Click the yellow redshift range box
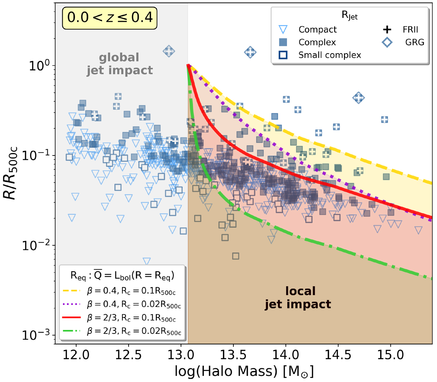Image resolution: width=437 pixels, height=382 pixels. pyautogui.click(x=110, y=17)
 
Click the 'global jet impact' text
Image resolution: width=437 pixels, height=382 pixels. pyautogui.click(x=119, y=64)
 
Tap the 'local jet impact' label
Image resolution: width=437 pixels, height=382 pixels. pyautogui.click(x=298, y=298)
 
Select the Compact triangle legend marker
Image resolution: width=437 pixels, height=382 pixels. pyautogui.click(x=283, y=29)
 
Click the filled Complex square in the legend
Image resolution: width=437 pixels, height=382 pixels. pyautogui.click(x=283, y=42)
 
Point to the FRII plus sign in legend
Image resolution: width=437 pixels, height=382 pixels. pyautogui.click(x=387, y=29)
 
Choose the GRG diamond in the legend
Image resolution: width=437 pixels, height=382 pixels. pyautogui.click(x=387, y=42)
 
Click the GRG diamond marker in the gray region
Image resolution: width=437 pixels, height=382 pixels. pyautogui.click(x=169, y=51)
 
